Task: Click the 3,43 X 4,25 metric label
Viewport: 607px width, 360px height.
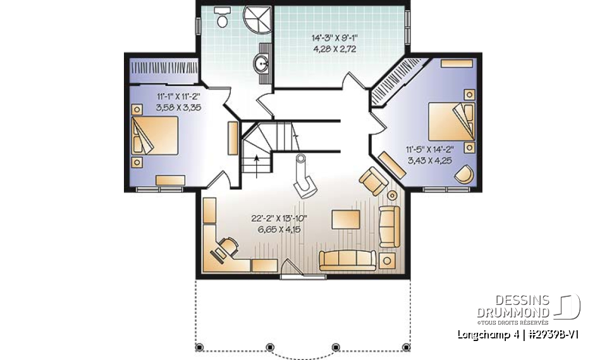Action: tap(430, 161)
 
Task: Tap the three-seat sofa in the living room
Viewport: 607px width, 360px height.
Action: tap(347, 259)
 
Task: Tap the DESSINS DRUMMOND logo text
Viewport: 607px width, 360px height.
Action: tap(513, 307)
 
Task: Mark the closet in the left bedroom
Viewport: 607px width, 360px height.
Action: tap(158, 68)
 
